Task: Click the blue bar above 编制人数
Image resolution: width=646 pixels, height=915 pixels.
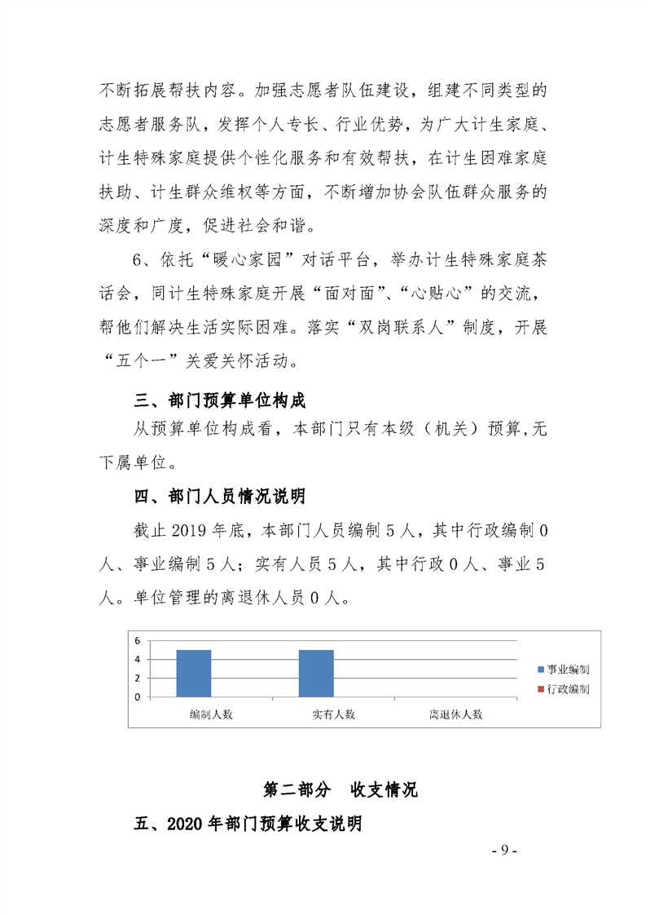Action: (x=194, y=674)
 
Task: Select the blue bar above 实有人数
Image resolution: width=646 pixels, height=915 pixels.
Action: (x=316, y=674)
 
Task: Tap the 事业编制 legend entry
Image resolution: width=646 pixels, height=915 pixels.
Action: (x=563, y=670)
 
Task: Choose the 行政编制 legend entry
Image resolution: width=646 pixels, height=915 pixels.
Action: (x=563, y=689)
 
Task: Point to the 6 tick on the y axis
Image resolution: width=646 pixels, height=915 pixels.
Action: (x=138, y=640)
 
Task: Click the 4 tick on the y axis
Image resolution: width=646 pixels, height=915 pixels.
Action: (x=138, y=659)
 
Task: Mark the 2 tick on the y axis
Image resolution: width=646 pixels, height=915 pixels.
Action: (x=138, y=679)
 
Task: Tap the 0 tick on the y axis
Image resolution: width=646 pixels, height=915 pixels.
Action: (x=138, y=697)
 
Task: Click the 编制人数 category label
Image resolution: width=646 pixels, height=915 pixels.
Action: (x=211, y=714)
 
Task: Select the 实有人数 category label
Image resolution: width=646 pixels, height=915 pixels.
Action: (x=333, y=714)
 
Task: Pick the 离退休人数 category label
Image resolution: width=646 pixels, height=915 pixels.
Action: (x=456, y=714)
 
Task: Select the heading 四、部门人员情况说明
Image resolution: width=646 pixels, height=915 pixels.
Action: (x=219, y=496)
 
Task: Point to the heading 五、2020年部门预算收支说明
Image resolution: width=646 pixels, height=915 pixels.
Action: (x=248, y=824)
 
